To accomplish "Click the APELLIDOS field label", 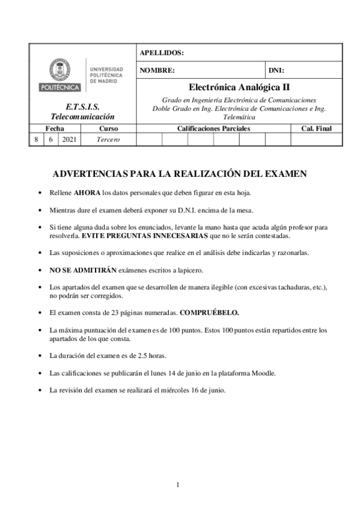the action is click(x=162, y=53).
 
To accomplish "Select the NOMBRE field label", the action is click(x=157, y=70).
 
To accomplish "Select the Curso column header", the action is click(x=108, y=128).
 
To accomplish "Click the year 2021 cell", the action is click(x=69, y=140).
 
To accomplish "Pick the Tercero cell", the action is click(x=108, y=140).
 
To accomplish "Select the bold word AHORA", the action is click(x=87, y=194).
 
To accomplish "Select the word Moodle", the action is click(x=263, y=373).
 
